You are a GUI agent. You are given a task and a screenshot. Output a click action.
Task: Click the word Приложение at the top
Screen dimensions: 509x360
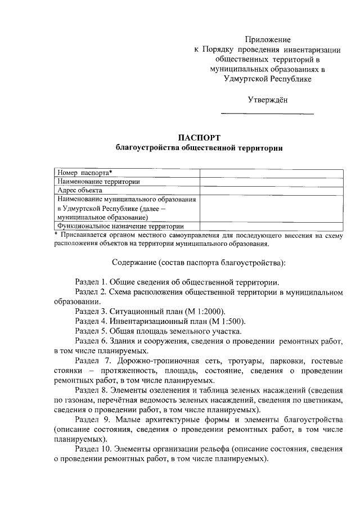click(268, 39)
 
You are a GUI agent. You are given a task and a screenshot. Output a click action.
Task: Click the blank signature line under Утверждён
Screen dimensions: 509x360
click(267, 114)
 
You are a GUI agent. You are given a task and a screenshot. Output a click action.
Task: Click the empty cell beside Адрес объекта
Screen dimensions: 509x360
click(271, 190)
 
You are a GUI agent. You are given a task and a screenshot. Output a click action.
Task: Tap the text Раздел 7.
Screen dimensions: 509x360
click(92, 361)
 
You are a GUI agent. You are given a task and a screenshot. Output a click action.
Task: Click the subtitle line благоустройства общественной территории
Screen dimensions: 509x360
click(199, 148)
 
